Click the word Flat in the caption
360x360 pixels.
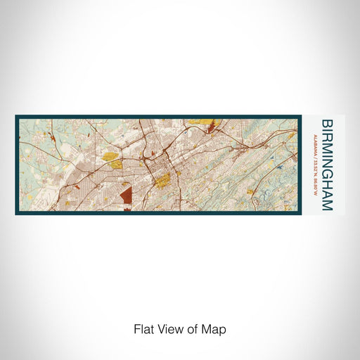[x=143, y=328]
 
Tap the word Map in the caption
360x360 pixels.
[x=214, y=328]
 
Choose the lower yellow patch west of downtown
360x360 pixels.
[x=117, y=165]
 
